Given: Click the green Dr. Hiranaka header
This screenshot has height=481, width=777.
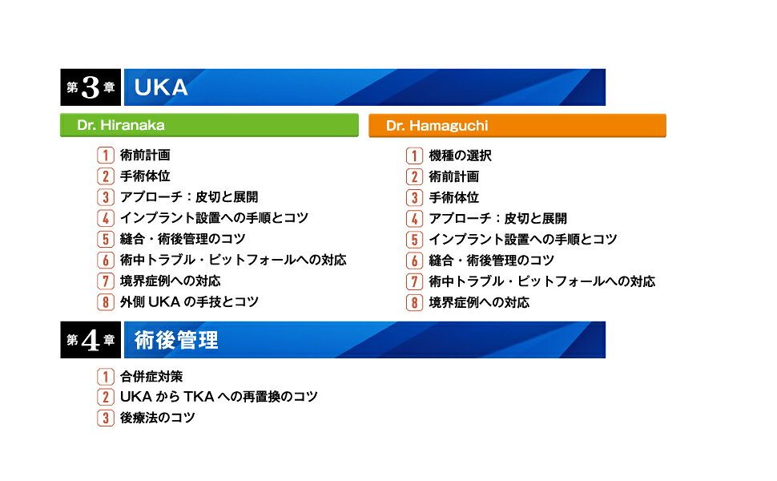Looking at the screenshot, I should point(208,126).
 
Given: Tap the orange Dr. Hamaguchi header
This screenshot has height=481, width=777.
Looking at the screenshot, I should point(517,126).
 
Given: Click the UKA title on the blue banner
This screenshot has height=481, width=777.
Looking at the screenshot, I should point(161,87).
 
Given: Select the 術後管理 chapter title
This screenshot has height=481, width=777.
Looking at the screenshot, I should point(176,340).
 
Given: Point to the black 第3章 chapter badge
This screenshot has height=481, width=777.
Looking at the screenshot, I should point(90,87).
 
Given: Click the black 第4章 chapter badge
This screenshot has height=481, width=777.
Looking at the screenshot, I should point(90,340).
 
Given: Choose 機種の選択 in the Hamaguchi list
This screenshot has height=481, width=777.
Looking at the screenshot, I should point(460,156).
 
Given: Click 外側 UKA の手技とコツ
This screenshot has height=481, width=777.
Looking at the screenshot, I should point(189,302).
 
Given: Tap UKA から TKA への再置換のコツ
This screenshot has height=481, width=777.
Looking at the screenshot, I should point(219,397).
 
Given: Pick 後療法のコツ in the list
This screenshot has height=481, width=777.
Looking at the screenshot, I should point(157,418).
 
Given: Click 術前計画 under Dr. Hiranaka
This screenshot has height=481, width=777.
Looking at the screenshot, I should point(145,156).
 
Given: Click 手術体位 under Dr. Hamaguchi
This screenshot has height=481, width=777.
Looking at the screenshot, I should point(453,197).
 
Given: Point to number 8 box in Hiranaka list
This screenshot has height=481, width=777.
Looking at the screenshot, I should point(106,302).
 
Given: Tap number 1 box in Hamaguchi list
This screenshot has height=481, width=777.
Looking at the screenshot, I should point(414,156).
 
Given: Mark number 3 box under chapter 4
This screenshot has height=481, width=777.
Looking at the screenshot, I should point(106,418).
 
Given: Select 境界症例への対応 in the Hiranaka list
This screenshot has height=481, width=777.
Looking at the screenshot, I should point(170,281).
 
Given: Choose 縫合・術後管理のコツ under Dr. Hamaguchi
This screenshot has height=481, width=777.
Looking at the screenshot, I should point(491,261).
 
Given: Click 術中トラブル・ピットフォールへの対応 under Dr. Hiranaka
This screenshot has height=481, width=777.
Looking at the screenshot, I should point(233,261).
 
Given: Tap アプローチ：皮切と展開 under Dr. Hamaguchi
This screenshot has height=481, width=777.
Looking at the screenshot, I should point(497,218).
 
